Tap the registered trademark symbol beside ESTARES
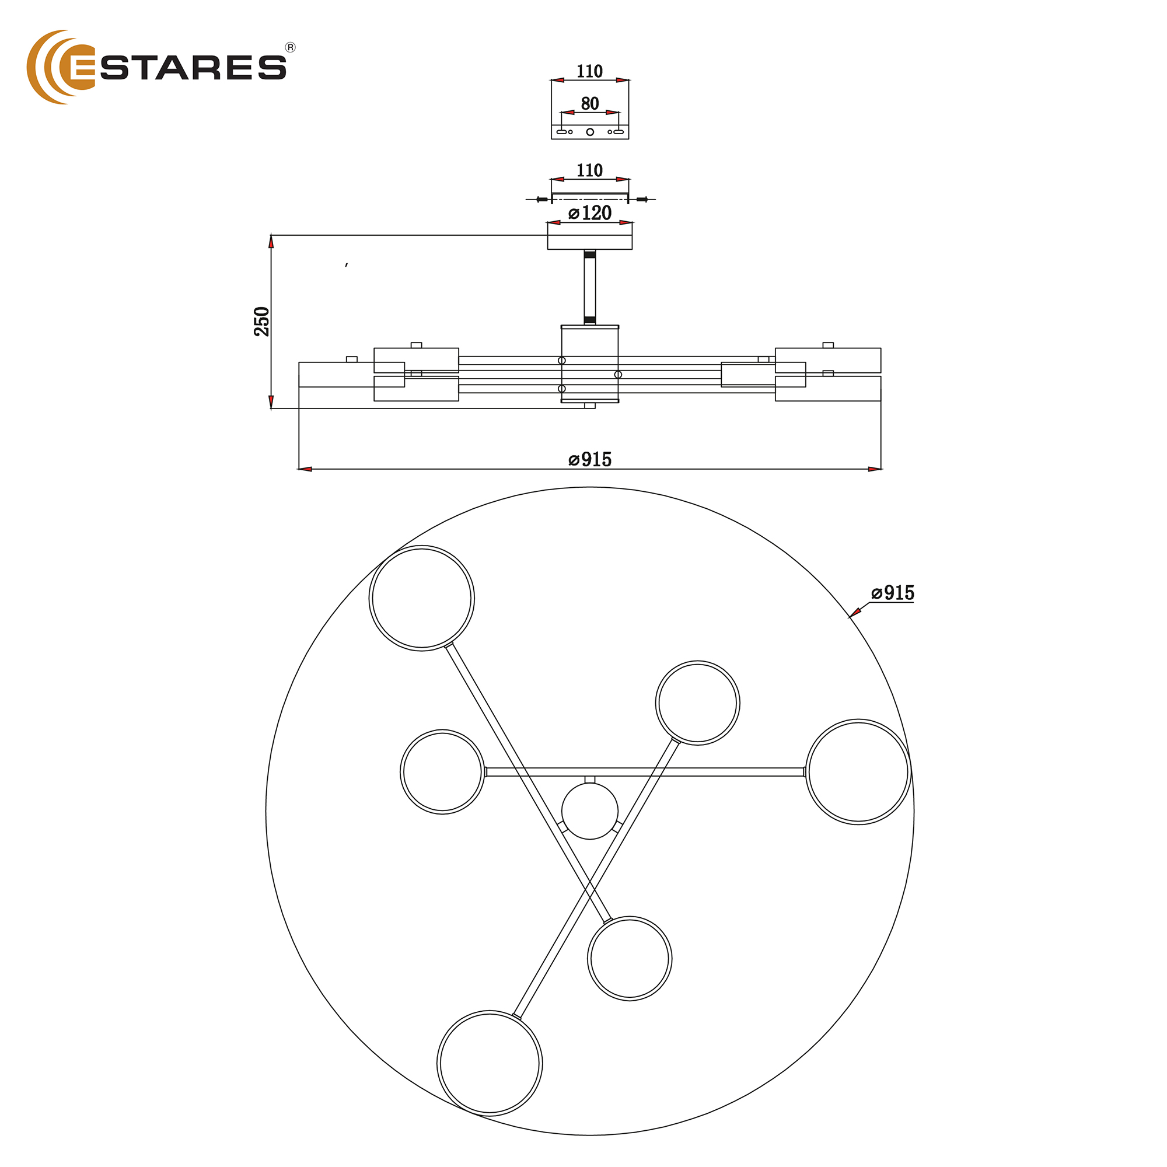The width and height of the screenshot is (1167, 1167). [x=290, y=48]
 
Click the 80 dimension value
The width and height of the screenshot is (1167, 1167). [x=589, y=103]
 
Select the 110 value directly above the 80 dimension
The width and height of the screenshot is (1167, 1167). [x=589, y=71]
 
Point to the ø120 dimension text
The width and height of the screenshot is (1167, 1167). [x=589, y=212]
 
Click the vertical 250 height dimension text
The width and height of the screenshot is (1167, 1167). [x=261, y=322]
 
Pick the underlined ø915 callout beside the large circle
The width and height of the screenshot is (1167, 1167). [x=892, y=593]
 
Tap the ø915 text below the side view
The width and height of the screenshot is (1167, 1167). [x=589, y=460]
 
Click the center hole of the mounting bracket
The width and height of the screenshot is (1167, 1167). [x=590, y=132]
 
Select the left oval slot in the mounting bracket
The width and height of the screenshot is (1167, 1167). [x=562, y=132]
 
